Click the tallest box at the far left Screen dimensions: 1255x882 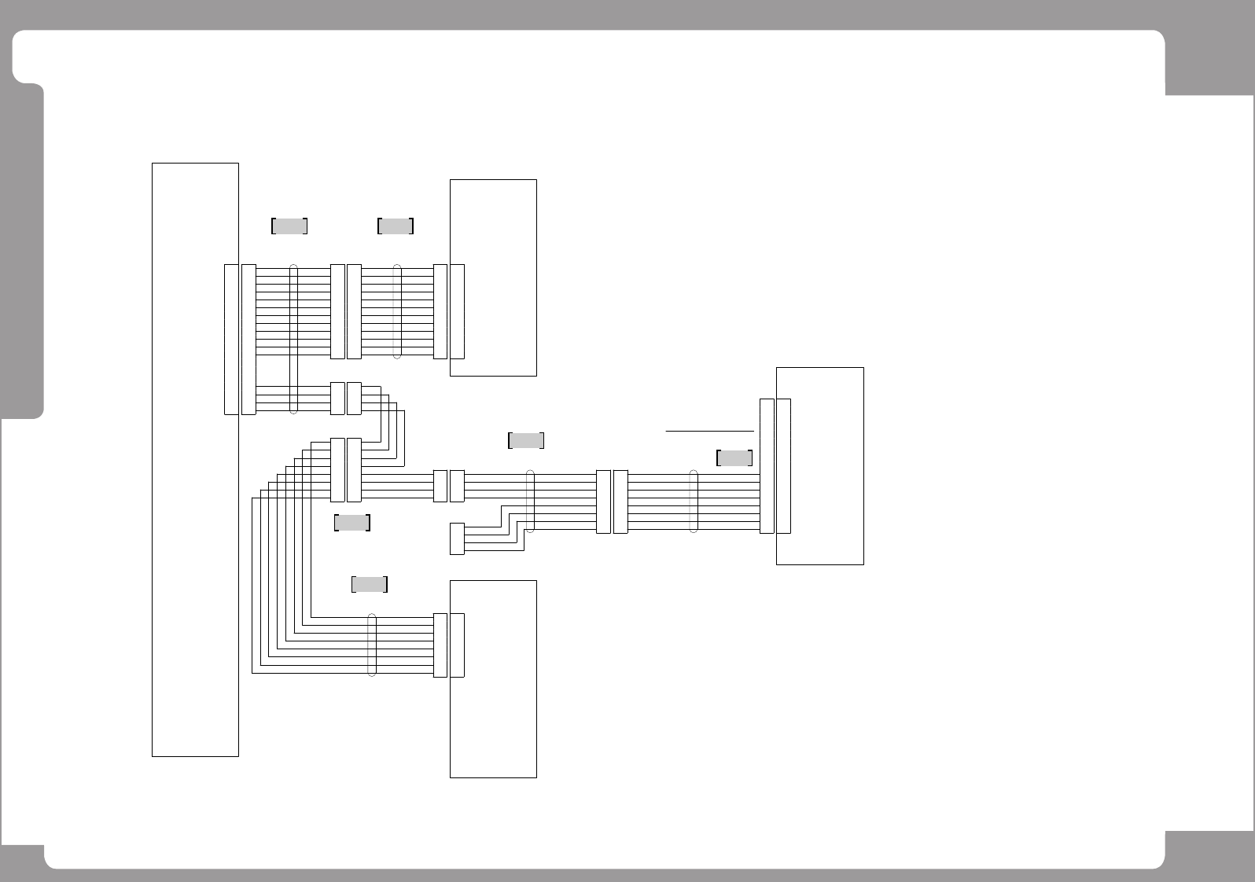195,460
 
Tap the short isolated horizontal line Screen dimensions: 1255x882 709,431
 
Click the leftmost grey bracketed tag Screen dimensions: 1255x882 289,226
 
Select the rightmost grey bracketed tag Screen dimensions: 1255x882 734,458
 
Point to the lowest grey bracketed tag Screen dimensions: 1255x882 369,584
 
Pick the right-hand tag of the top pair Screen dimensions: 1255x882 396,226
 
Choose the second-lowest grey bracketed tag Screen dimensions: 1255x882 351,522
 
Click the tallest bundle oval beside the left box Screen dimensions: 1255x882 294,339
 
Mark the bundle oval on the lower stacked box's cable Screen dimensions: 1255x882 373,645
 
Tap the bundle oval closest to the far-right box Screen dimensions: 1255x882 694,502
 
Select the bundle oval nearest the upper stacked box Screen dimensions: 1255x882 397,311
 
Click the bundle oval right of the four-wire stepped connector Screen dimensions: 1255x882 530,502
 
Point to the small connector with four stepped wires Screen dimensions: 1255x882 457,538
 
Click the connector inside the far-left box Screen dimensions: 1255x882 231,339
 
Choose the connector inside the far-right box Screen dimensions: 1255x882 783,465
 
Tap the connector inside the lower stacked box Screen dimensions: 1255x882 457,645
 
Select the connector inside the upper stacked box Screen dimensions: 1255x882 457,311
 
